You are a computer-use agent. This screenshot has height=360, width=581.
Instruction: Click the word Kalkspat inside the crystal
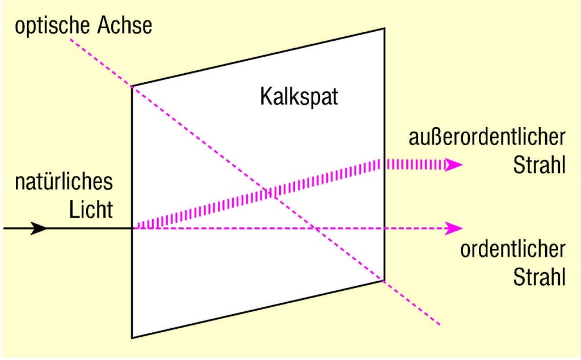(x=299, y=96)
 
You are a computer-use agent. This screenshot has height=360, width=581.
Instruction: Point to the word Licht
(x=91, y=210)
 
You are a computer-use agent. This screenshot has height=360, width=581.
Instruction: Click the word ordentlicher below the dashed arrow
(x=512, y=250)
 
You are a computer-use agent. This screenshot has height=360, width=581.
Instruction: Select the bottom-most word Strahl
(x=539, y=278)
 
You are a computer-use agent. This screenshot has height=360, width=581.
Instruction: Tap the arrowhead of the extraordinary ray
(x=454, y=164)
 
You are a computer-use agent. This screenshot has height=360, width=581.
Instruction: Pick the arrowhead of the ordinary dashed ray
(x=454, y=228)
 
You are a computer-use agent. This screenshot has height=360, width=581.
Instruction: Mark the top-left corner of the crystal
(x=132, y=86)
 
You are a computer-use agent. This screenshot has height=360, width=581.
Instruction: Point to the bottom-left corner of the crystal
(x=132, y=338)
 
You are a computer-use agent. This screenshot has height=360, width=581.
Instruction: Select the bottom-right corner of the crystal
(x=384, y=280)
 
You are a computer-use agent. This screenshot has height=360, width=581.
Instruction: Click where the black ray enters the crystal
(x=132, y=228)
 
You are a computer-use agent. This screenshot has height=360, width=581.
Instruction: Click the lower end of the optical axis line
(x=440, y=325)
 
